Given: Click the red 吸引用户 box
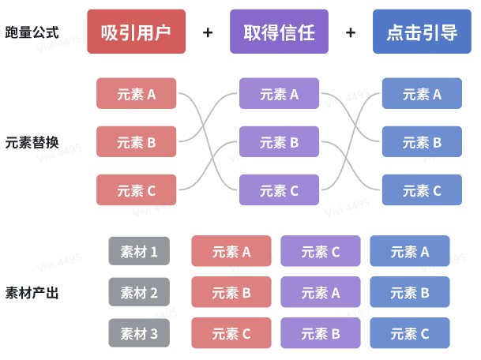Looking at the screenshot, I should [x=136, y=32].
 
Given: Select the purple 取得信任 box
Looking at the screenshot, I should [x=279, y=32].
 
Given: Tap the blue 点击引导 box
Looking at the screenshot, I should [x=422, y=32].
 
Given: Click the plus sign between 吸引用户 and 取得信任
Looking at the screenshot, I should [x=208, y=32].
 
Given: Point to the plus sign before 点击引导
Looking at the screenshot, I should [x=351, y=32].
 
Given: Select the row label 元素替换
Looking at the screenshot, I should [x=32, y=143].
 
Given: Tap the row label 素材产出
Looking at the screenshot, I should [x=32, y=293].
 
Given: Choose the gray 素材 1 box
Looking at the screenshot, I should [x=139, y=252].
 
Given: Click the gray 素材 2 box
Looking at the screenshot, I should [x=139, y=293].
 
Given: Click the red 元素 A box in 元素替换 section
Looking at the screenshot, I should [x=136, y=94].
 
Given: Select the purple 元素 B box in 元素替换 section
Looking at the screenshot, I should [x=279, y=142].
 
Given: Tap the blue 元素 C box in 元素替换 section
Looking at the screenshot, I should [x=422, y=190].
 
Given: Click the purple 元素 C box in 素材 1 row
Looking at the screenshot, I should [x=320, y=252].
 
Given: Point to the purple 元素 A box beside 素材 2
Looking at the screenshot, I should [x=320, y=293].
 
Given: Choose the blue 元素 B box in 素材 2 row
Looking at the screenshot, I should [x=409, y=293].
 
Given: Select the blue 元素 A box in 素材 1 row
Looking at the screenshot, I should [x=409, y=252].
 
